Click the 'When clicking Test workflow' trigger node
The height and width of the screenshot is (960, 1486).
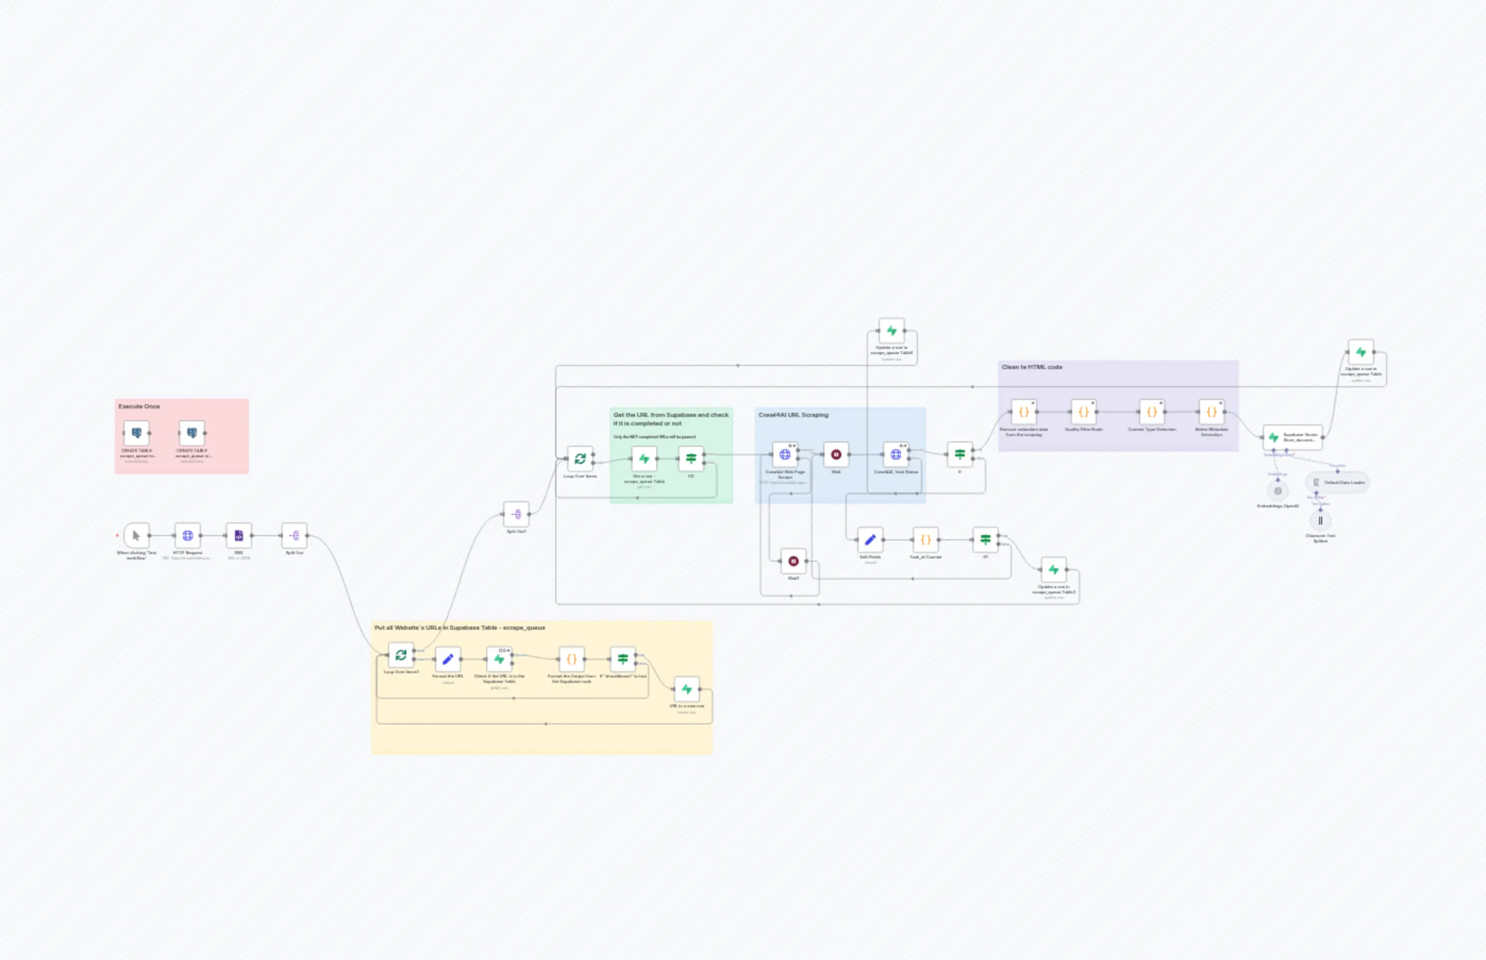click(x=137, y=536)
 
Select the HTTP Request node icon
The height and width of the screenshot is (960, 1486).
click(x=188, y=536)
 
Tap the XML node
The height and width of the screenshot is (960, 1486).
click(x=239, y=536)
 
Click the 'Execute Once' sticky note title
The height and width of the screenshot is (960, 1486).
click(x=139, y=406)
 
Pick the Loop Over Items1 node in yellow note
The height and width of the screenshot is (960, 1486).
click(x=401, y=655)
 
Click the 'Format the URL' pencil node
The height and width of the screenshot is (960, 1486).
click(x=447, y=660)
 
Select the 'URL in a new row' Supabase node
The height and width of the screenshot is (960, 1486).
click(x=686, y=689)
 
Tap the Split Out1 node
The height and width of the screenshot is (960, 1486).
click(x=516, y=514)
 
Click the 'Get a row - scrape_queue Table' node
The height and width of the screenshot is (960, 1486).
click(x=644, y=459)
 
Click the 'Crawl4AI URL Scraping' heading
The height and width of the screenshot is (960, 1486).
click(x=793, y=414)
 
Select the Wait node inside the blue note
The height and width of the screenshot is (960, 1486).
click(x=836, y=454)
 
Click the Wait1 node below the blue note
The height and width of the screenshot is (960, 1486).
click(x=793, y=561)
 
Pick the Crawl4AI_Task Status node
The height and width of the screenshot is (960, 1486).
click(x=896, y=454)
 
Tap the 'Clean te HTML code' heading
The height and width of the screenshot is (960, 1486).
click(x=1032, y=367)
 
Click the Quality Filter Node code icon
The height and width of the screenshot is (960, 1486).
click(x=1083, y=412)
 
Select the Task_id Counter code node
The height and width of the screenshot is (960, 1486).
click(x=925, y=540)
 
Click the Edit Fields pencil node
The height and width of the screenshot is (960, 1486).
click(x=870, y=540)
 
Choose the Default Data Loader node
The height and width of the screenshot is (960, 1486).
click(x=1338, y=482)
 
